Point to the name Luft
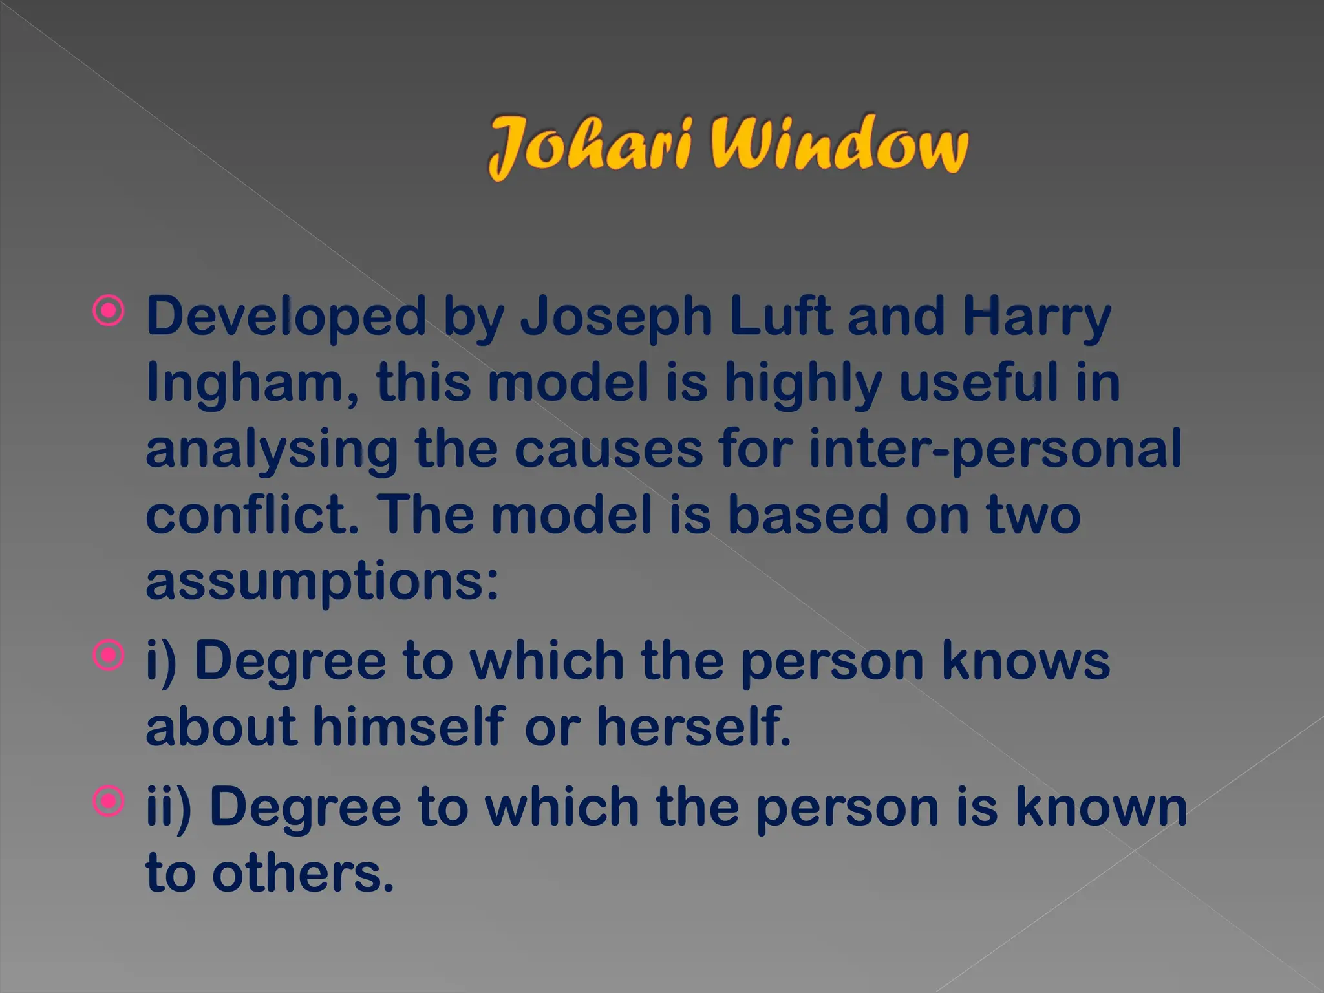point(780,317)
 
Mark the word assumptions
point(322,581)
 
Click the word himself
point(409,727)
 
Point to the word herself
point(694,727)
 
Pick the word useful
point(979,383)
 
